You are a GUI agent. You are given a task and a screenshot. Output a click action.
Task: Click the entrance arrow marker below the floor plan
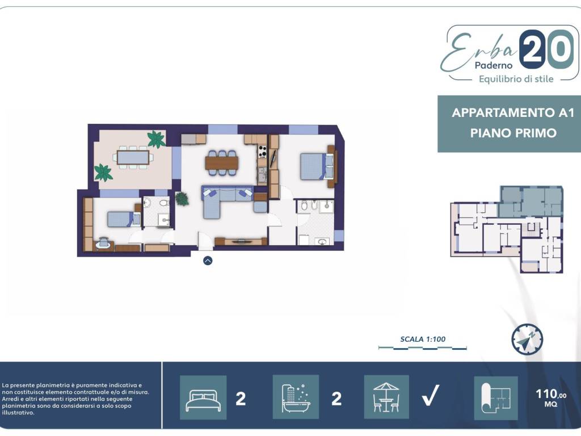point(208,261)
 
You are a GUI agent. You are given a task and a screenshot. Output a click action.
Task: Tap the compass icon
point(527,339)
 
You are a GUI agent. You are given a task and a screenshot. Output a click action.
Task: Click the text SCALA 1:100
point(423,339)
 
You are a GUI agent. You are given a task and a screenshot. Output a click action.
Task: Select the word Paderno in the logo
point(494,65)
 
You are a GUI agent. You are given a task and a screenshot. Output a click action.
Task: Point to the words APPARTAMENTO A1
point(513,112)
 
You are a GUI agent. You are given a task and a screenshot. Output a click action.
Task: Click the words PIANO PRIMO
point(513,133)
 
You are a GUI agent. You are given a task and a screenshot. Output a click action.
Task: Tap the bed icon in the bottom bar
point(203,398)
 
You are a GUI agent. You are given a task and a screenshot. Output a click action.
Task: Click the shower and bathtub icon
point(296,397)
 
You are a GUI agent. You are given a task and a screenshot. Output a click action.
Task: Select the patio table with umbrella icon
point(386,397)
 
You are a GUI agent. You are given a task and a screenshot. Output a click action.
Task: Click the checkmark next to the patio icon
point(431,395)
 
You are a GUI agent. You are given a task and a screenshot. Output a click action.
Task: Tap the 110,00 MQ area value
point(551,397)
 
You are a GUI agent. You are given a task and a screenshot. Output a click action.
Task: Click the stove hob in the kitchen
point(262,151)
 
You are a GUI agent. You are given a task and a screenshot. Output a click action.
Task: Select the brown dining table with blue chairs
point(222,163)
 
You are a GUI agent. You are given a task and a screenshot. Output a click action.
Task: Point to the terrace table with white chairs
point(133,157)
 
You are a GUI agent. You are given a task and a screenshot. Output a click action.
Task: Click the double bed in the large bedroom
point(317,166)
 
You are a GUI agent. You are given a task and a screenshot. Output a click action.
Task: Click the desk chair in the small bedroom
point(103,243)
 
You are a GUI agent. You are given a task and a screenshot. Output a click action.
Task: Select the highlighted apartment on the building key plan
point(531,202)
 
